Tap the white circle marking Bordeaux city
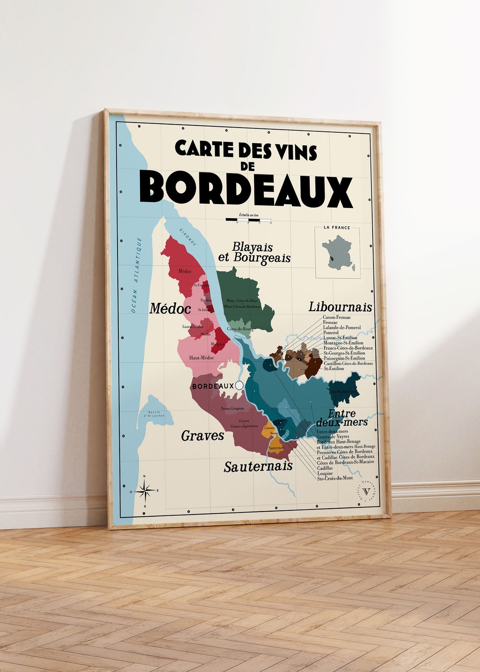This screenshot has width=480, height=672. click(x=239, y=385)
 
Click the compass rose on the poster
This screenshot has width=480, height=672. click(x=144, y=491)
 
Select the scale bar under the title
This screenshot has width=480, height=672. click(x=248, y=219)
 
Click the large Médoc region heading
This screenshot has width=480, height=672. click(x=170, y=309)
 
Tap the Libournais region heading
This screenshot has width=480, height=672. click(x=340, y=307)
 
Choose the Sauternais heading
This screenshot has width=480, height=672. click(x=258, y=466)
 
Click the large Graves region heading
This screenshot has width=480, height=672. click(x=203, y=435)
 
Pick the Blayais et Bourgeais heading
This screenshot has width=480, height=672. click(x=254, y=252)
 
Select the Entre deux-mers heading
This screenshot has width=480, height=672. click(x=341, y=418)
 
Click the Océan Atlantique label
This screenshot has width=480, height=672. click(x=136, y=275)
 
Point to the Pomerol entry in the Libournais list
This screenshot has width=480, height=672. click(x=331, y=333)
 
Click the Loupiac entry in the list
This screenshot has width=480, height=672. click(x=325, y=473)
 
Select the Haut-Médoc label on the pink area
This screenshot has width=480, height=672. click(x=201, y=357)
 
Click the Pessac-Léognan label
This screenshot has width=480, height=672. click(x=232, y=408)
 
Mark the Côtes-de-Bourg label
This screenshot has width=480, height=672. click(x=240, y=328)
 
